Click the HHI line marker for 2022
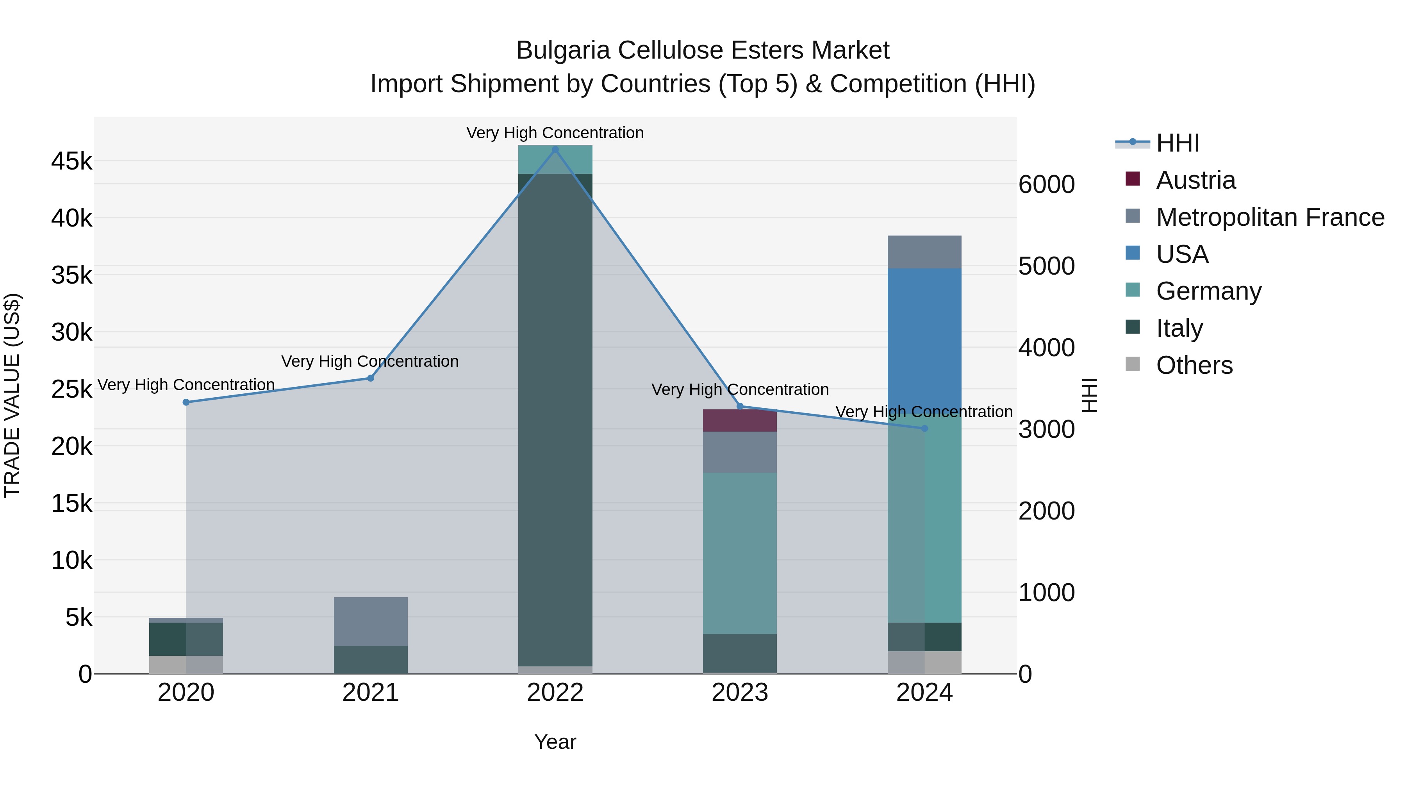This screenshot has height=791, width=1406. coord(555,150)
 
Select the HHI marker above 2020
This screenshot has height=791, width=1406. coord(186,402)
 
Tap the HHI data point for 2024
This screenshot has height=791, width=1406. coord(924,429)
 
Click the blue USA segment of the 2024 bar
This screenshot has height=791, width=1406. coord(924,338)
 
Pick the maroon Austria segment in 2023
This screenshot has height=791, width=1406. coord(740,421)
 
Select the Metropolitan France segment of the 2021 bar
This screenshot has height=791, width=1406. coord(371,621)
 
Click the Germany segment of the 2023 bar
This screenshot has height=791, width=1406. coord(740,552)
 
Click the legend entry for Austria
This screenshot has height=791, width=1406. coord(1195,180)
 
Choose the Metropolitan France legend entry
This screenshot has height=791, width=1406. coord(1270,217)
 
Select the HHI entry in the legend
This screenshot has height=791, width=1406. coord(1177,143)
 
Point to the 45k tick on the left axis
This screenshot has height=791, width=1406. coord(71,162)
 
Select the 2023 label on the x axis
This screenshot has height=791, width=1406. coord(740,693)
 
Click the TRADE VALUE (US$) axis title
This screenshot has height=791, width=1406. coord(12,395)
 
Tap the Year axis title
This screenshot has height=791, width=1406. coord(555,742)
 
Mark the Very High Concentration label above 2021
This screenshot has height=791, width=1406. coord(370,361)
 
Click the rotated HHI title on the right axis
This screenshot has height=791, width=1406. coord(1089,395)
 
